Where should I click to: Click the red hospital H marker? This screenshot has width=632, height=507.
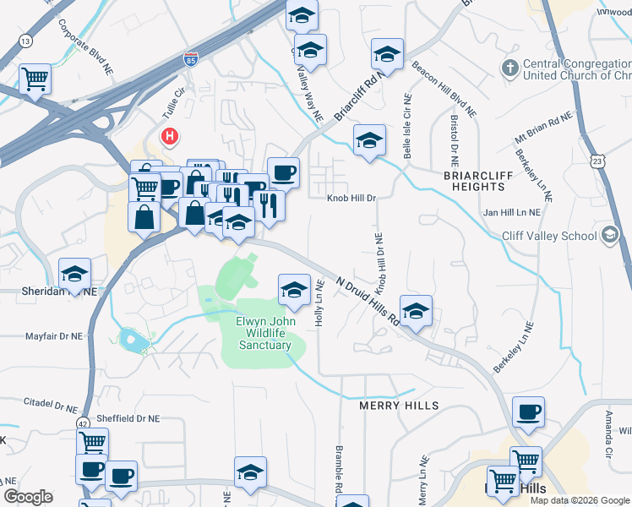tap(171, 135)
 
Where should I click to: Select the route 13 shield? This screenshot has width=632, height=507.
tap(27, 41)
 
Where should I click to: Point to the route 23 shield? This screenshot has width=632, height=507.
tap(599, 161)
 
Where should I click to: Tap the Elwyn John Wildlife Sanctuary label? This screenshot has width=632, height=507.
tap(264, 333)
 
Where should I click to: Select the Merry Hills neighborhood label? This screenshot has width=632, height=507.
tap(399, 406)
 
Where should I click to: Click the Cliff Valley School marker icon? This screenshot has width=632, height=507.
tap(608, 237)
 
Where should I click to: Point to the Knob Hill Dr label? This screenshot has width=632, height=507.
tap(351, 198)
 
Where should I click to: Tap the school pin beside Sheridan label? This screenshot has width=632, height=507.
tap(75, 274)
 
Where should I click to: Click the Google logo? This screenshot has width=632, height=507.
tap(28, 497)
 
